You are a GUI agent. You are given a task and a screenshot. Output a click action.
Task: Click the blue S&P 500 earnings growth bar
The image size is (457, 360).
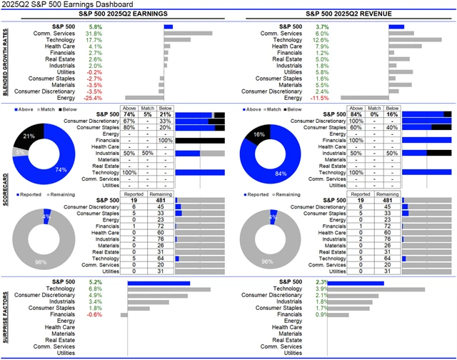169,26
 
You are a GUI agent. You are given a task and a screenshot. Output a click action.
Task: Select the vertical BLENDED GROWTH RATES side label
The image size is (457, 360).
6,62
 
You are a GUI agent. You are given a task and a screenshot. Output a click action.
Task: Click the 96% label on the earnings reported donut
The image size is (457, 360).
41,262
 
